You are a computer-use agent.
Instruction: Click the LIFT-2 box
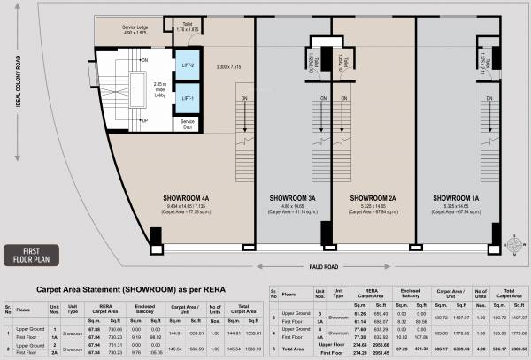coord(188,65)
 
